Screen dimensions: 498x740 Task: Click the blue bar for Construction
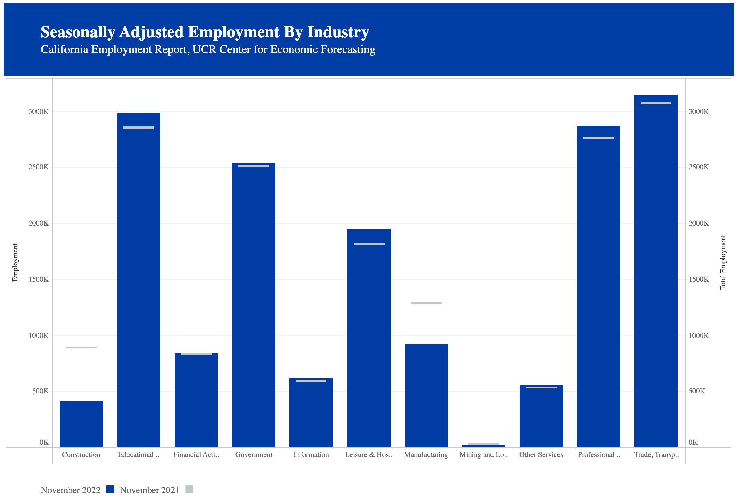pyautogui.click(x=81, y=424)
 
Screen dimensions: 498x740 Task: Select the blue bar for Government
pyautogui.click(x=253, y=305)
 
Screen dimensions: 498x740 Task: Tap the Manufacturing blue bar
pyautogui.click(x=426, y=396)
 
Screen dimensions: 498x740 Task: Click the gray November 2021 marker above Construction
pyautogui.click(x=81, y=347)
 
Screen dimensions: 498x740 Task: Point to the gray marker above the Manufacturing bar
pyautogui.click(x=426, y=303)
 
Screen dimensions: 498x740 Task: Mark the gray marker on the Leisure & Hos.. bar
pyautogui.click(x=369, y=244)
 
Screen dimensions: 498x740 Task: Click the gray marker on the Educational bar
pyautogui.click(x=139, y=127)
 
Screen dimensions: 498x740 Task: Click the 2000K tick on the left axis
pyautogui.click(x=39, y=223)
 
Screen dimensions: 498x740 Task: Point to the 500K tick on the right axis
pyautogui.click(x=696, y=391)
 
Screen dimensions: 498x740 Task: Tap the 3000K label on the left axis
pyautogui.click(x=39, y=111)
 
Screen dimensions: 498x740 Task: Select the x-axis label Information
pyautogui.click(x=311, y=454)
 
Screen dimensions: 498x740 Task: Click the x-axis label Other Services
pyautogui.click(x=541, y=454)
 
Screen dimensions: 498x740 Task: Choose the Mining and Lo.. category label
pyautogui.click(x=483, y=454)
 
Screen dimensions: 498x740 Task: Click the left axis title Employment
pyautogui.click(x=15, y=262)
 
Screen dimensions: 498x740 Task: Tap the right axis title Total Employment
pyautogui.click(x=722, y=262)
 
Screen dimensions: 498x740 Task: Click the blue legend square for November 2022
pyautogui.click(x=110, y=489)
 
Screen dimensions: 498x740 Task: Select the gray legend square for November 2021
pyautogui.click(x=189, y=489)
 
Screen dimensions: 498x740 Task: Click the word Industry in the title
pyautogui.click(x=338, y=32)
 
